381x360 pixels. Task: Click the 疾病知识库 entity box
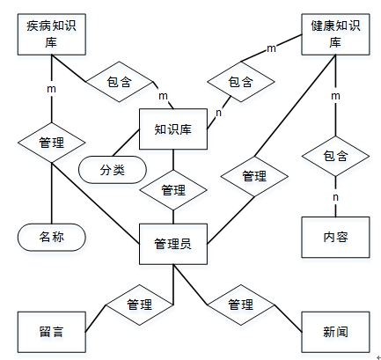point(52,34)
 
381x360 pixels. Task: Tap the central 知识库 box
point(173,129)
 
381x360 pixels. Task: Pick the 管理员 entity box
point(173,244)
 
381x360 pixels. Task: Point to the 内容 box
point(334,237)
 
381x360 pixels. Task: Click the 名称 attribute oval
point(52,237)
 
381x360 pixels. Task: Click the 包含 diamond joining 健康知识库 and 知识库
point(239,82)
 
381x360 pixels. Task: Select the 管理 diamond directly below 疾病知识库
point(52,141)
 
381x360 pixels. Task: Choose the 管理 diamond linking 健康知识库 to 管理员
point(253,176)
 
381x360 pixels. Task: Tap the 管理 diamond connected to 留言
point(139,305)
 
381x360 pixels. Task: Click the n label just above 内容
point(335,197)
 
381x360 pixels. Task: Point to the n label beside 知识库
point(218,112)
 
